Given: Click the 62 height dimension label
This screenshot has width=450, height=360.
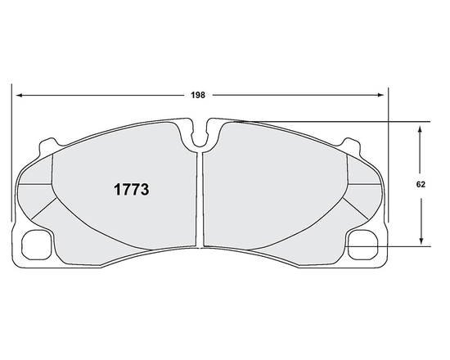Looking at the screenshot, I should [x=421, y=186].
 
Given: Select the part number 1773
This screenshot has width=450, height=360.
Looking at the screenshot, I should [x=130, y=187].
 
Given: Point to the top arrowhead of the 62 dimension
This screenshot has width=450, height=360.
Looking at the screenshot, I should [x=421, y=128].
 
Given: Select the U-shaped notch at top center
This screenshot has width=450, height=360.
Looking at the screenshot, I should [x=200, y=136].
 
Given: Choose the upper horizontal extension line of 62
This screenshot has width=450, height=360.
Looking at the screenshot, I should [x=327, y=122].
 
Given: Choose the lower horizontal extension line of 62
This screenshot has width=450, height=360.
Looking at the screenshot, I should [x=393, y=246].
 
